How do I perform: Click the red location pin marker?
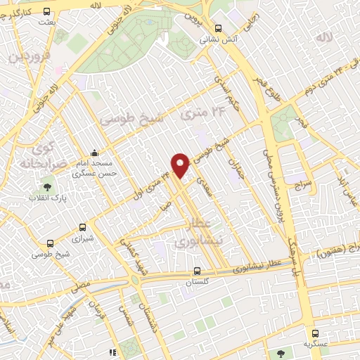point(181,165)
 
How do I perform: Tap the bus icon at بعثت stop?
point(46,11)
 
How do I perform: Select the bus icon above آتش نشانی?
point(218,29)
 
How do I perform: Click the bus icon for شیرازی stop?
point(83,228)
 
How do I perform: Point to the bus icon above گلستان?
point(197,270)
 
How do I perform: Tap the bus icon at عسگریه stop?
point(314,333)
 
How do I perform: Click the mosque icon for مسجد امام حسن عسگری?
point(95,152)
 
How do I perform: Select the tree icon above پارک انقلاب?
point(47,188)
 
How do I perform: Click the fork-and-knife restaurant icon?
point(111,352)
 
